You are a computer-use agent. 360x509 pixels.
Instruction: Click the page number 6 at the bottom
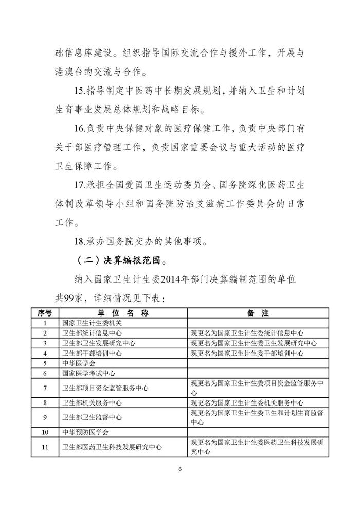180,469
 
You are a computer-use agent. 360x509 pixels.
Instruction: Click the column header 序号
45,313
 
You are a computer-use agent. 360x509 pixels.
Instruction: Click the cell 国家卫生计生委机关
88,323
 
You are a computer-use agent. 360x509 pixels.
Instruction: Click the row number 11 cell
45,447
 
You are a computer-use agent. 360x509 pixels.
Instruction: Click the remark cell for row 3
254,343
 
